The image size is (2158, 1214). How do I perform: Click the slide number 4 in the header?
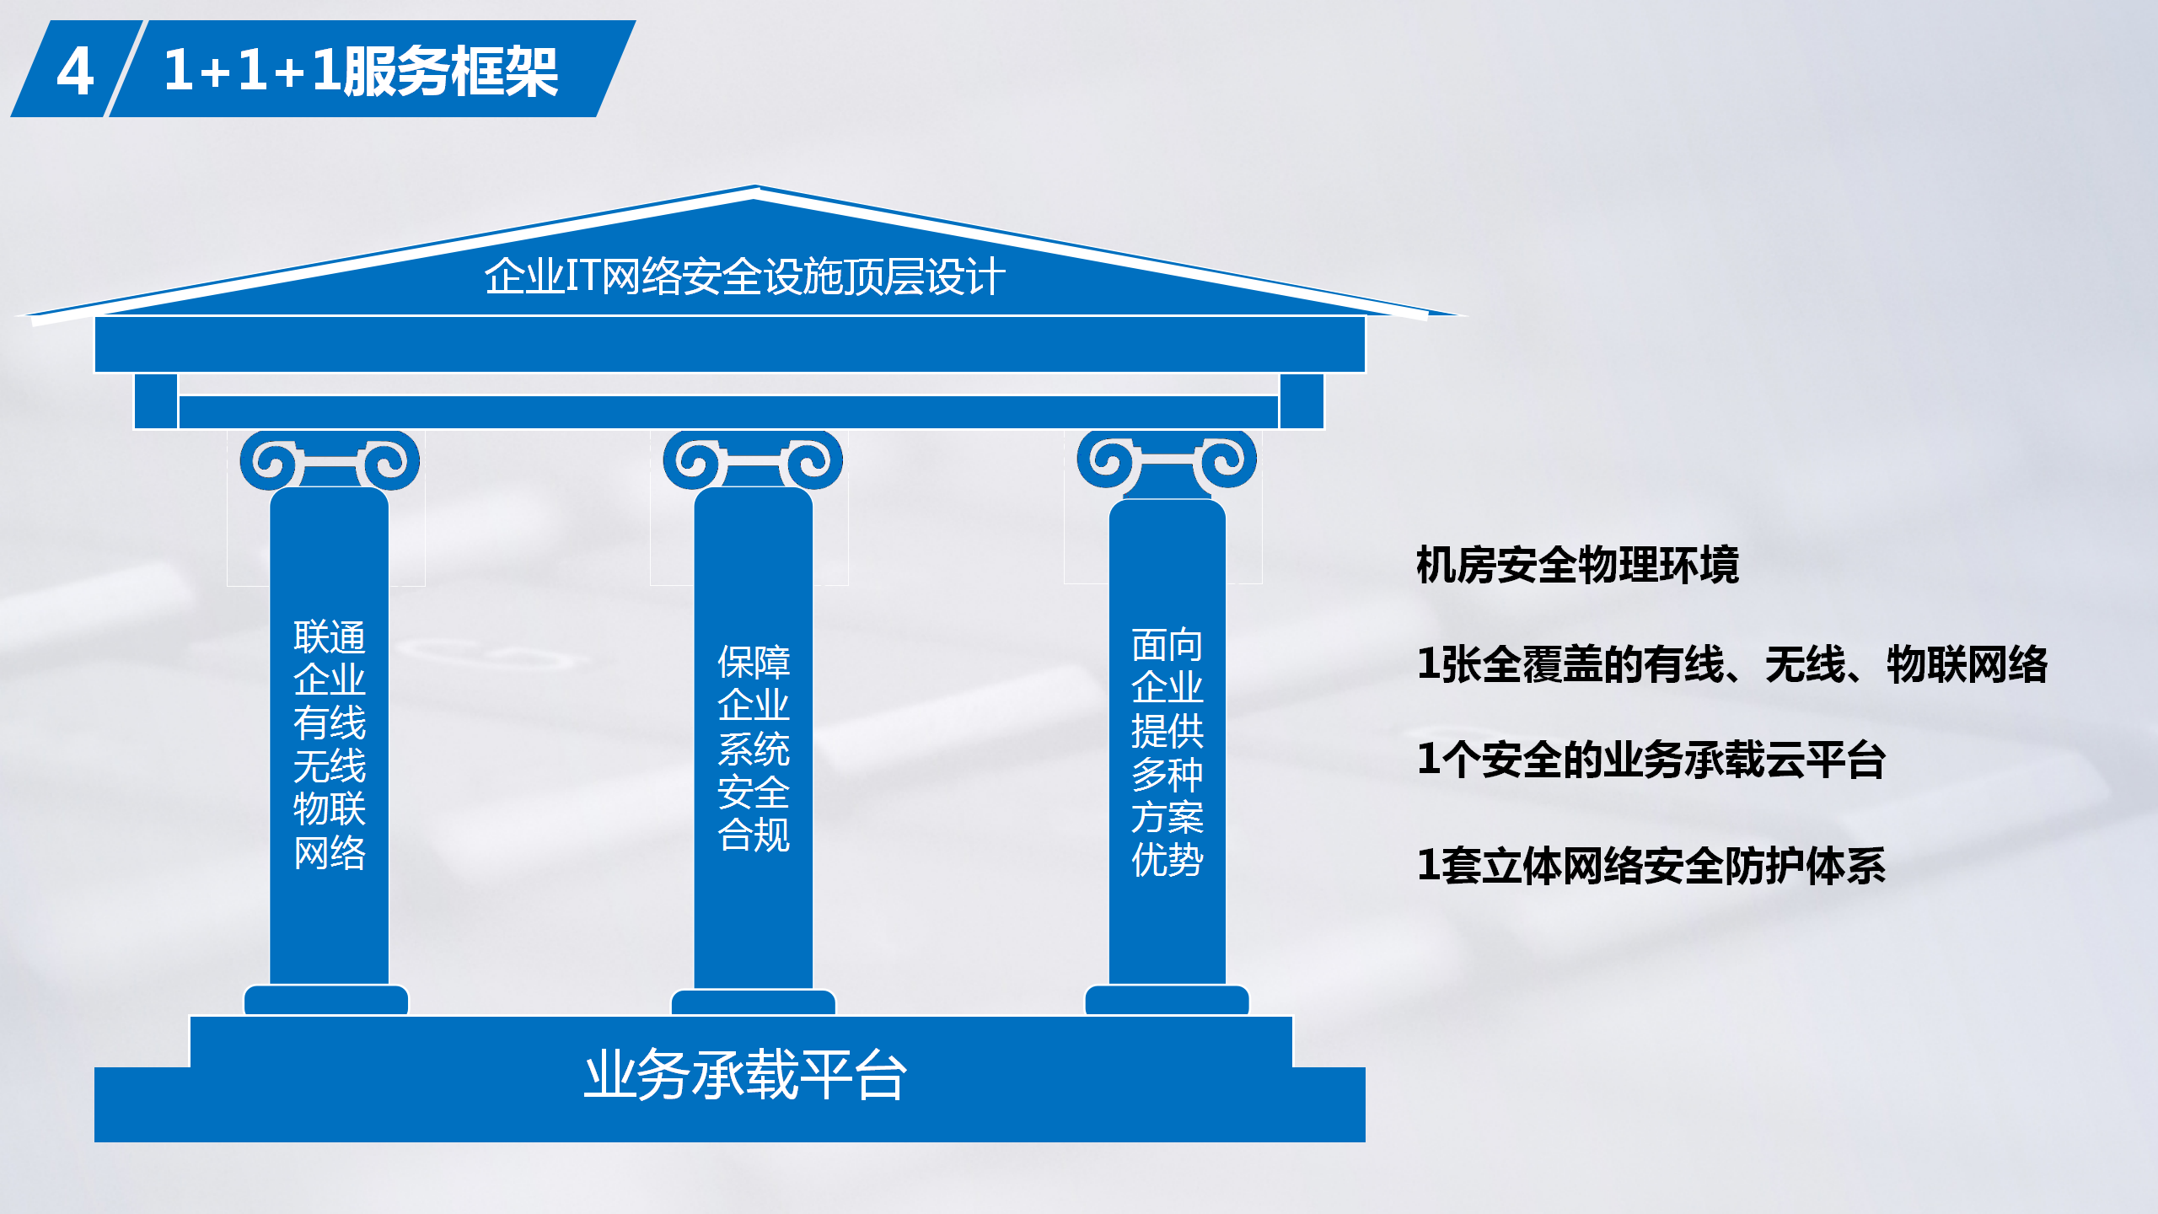click(75, 72)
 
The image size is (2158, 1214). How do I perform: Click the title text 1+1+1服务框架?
click(361, 71)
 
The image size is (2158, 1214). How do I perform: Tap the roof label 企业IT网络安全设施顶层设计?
click(745, 277)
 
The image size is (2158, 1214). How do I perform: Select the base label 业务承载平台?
click(745, 1075)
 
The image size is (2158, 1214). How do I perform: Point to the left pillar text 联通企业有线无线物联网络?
click(330, 744)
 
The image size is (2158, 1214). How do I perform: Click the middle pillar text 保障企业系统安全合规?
click(754, 749)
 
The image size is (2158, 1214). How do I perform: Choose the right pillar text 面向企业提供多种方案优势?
click(1168, 752)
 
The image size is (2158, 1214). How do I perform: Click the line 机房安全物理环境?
click(1577, 565)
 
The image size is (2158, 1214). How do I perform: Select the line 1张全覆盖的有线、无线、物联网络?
click(1732, 664)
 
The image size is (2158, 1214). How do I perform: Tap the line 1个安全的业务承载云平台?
click(1651, 760)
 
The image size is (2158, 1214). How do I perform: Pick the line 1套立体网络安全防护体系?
click(1651, 866)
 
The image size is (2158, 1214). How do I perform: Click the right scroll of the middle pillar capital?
click(813, 460)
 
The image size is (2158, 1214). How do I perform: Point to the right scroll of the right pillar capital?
click(1227, 459)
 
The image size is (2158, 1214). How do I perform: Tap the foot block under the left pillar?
click(326, 1000)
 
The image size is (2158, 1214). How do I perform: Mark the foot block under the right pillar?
click(1167, 1000)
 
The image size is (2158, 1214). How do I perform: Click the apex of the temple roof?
click(755, 187)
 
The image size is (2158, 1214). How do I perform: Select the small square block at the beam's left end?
click(156, 401)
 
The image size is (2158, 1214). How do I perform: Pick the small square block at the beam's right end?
click(1302, 401)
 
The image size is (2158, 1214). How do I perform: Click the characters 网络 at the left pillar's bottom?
click(330, 852)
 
